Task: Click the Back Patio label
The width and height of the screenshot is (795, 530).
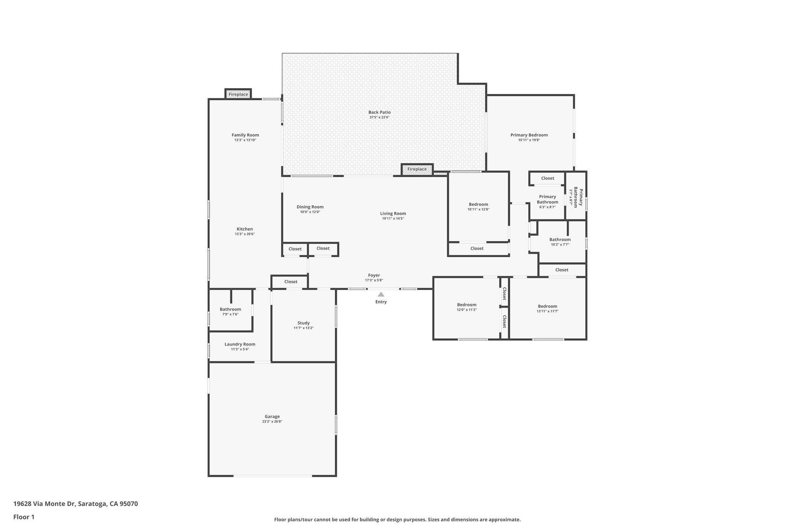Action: [379, 112]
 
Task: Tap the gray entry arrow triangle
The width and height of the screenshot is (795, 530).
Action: [381, 294]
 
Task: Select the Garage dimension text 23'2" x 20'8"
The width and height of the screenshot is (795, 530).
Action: [272, 421]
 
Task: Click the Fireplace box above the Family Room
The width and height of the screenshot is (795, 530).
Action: [238, 94]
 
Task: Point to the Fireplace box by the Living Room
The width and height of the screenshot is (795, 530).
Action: [417, 169]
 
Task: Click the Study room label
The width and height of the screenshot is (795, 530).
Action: [304, 323]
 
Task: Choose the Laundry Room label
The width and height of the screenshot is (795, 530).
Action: [240, 344]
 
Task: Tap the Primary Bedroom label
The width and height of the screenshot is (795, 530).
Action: [529, 135]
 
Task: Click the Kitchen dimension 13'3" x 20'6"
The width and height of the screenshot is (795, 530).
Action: [245, 234]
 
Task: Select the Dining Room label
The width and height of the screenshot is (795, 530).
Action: [310, 207]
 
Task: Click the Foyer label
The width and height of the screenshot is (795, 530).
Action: [374, 275]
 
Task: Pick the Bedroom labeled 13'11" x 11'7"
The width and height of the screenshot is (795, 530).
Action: [547, 306]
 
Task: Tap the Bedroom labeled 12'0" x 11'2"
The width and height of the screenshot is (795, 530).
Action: [467, 305]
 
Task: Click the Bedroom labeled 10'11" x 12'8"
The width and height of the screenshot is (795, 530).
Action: [478, 205]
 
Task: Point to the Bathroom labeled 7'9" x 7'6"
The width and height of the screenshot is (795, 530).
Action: [230, 309]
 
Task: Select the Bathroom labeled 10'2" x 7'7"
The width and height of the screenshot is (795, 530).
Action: [560, 240]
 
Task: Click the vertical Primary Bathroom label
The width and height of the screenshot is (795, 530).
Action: [578, 197]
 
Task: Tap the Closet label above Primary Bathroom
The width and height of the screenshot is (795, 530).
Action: [547, 178]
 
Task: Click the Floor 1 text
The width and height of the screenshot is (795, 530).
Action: [24, 517]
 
